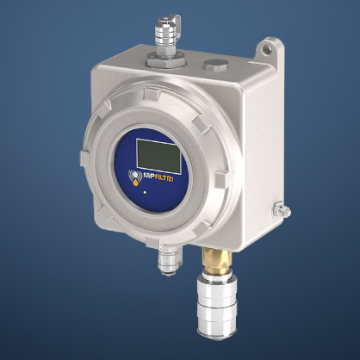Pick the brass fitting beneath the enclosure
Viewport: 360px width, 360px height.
(211, 259)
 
